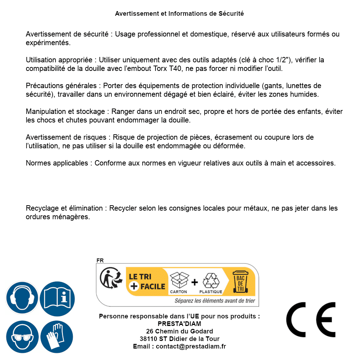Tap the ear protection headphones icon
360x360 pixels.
pos(22,298)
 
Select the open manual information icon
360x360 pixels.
pos(57,298)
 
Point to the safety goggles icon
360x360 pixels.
pos(22,337)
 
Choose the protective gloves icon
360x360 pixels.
pos(57,337)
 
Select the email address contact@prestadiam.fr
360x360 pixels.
pos(191,346)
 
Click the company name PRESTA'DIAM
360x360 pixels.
pos(179,324)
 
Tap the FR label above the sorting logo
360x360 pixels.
pos(100,260)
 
